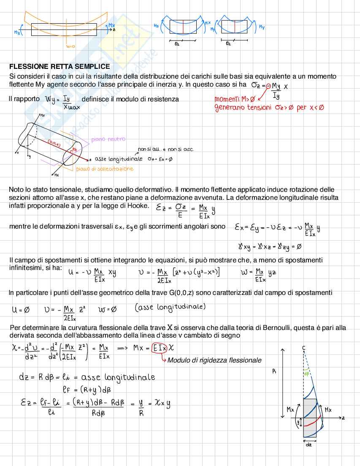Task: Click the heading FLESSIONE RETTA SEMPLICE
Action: point(59,67)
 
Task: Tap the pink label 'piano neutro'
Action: point(108,139)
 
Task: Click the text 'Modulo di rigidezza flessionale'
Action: point(214,360)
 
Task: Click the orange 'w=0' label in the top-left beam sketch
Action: point(70,47)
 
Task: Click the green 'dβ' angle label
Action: point(306,373)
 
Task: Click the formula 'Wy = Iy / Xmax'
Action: point(62,102)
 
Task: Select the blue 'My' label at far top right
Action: point(262,27)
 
